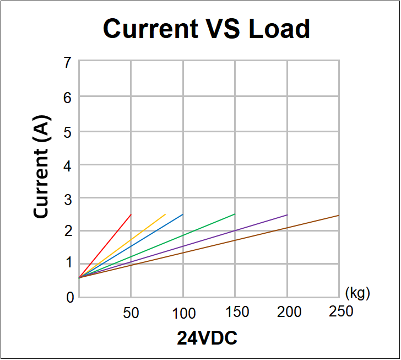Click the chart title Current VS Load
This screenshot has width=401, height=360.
tap(207, 28)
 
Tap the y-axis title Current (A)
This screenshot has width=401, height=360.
tap(42, 166)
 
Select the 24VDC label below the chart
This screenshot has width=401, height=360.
tap(207, 337)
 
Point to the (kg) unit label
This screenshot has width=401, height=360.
tap(357, 293)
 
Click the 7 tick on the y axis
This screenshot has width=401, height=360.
tap(68, 63)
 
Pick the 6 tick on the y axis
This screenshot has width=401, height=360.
tap(68, 97)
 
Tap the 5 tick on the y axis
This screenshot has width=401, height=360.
tap(68, 131)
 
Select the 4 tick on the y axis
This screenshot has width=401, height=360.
tap(68, 165)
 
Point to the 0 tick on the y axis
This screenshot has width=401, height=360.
tap(70, 298)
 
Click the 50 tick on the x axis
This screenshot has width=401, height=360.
tap(131, 313)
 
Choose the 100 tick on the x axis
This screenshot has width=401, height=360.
tap(183, 313)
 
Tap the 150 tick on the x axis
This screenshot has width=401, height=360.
tap(237, 312)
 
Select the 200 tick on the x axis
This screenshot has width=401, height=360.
tap(289, 312)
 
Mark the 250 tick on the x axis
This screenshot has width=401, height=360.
tap(341, 311)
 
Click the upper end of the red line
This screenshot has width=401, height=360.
tap(131, 214)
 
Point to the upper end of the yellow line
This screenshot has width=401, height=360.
tap(165, 214)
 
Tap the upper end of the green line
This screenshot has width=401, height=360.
tap(235, 214)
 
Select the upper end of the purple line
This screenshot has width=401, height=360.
tap(287, 214)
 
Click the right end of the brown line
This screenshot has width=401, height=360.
tap(338, 216)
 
